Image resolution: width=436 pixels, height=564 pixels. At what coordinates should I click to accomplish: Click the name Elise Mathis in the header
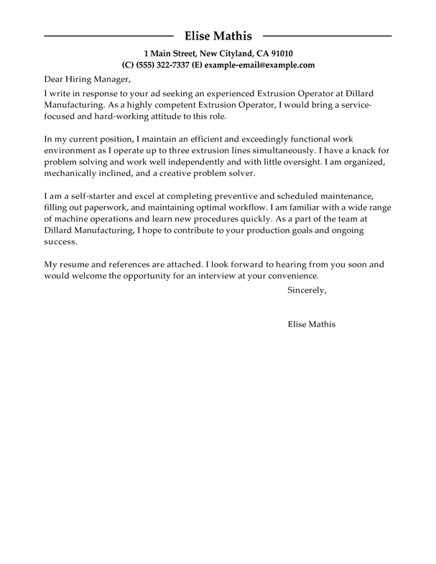(218, 35)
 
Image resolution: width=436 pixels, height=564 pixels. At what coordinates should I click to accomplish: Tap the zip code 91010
(279, 53)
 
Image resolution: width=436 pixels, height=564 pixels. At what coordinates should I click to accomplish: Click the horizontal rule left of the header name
(108, 35)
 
